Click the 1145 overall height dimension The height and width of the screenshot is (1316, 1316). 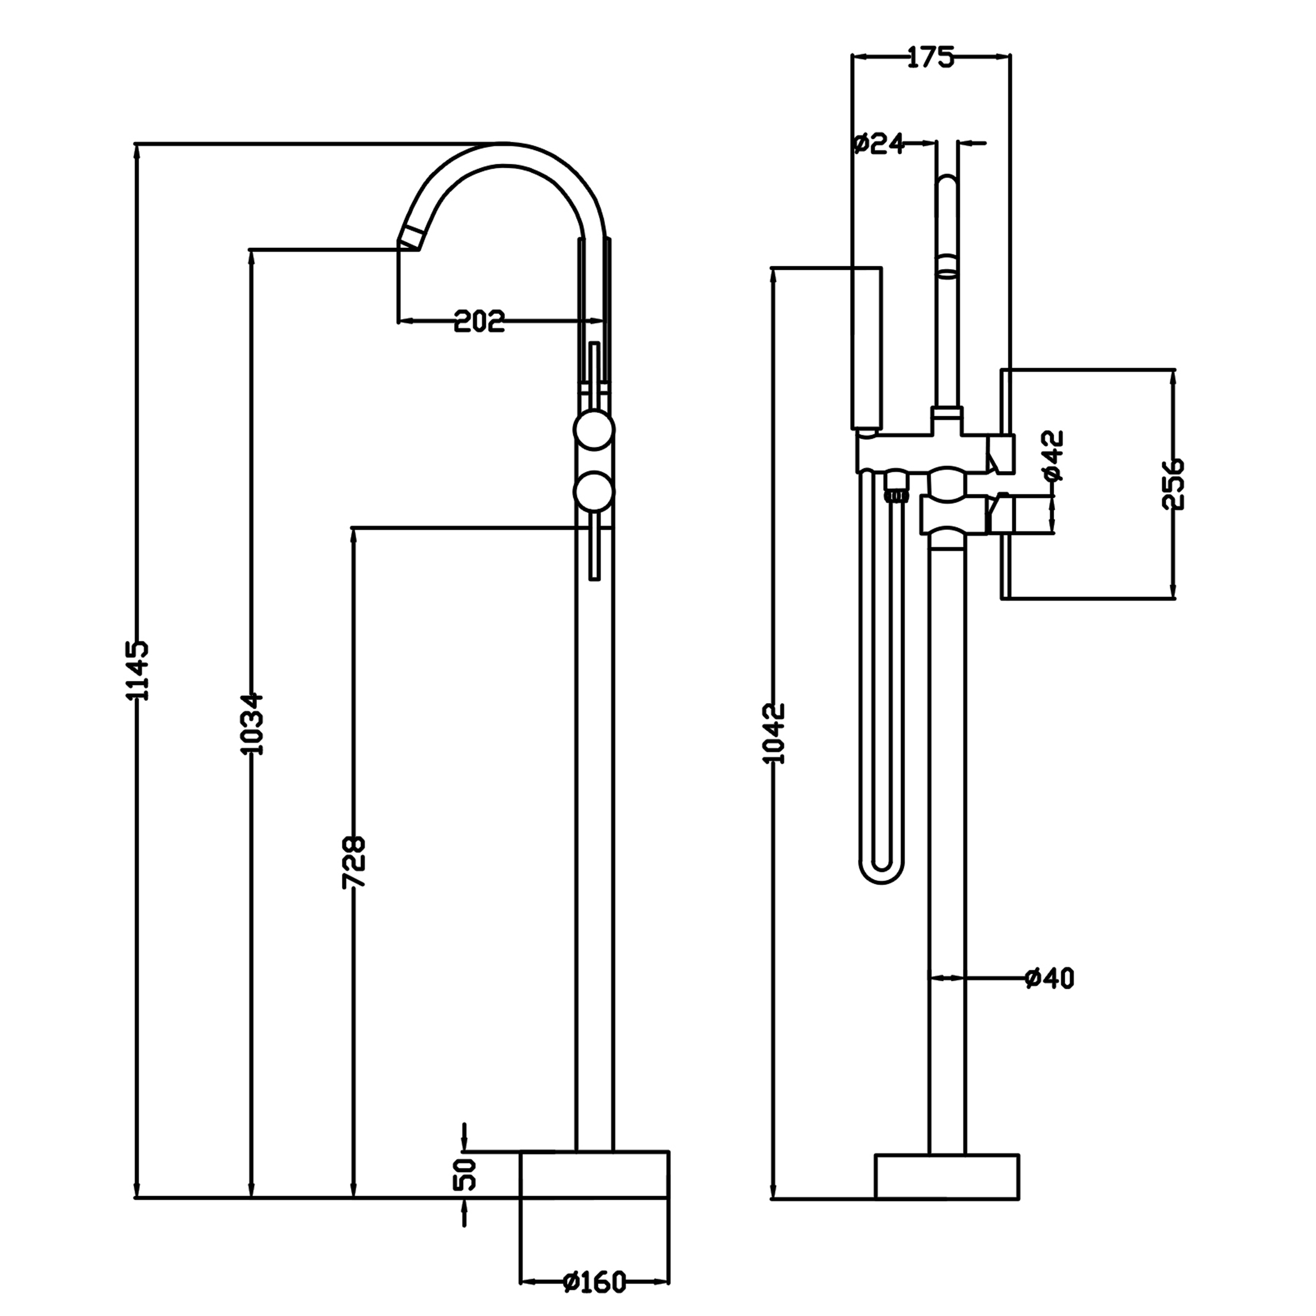click(x=137, y=670)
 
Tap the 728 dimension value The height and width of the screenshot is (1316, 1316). click(x=354, y=862)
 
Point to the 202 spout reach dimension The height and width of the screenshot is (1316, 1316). click(x=480, y=321)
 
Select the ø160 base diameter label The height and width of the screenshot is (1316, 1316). click(x=594, y=1282)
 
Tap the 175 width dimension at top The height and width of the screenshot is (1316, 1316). click(x=930, y=58)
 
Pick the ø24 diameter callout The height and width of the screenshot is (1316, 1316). click(x=878, y=144)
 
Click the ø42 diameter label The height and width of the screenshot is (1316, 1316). click(x=1053, y=456)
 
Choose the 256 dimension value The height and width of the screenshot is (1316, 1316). click(x=1173, y=484)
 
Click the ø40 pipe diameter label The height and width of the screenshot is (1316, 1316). click(x=1049, y=978)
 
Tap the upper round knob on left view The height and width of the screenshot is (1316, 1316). click(x=594, y=431)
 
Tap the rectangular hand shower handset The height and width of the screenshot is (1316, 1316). click(x=867, y=348)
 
